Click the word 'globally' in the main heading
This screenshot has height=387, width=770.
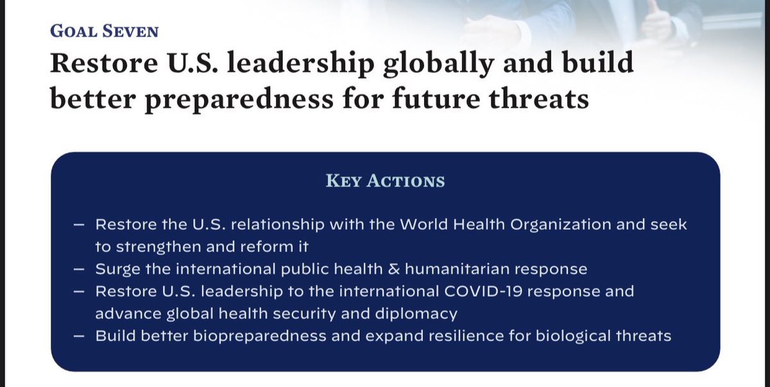coord(402,65)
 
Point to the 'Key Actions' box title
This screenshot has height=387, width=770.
coord(385,181)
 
